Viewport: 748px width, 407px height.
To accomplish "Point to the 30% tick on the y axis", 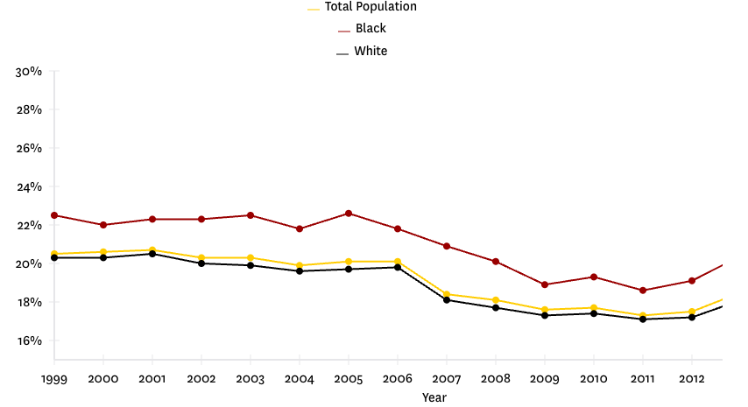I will tap(29, 72).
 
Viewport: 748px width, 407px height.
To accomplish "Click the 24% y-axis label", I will tap(29, 187).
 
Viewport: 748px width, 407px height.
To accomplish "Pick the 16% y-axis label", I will tap(29, 341).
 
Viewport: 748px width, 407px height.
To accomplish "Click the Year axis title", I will tap(434, 397).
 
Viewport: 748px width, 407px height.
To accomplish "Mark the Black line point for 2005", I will tap(349, 214).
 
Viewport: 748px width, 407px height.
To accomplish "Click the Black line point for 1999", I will tap(54, 215).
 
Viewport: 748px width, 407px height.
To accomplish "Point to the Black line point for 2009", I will tap(545, 284).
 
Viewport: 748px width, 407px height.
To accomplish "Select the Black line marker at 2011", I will tap(643, 291).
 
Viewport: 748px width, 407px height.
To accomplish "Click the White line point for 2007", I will tap(447, 300).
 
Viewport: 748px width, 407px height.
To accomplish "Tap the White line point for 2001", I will tap(152, 254).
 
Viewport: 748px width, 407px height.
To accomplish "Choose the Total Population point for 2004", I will tap(300, 265).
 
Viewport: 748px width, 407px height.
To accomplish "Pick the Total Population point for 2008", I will tap(496, 300).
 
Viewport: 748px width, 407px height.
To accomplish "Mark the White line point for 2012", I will tap(692, 317).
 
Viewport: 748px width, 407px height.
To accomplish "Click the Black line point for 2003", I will tap(251, 215).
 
